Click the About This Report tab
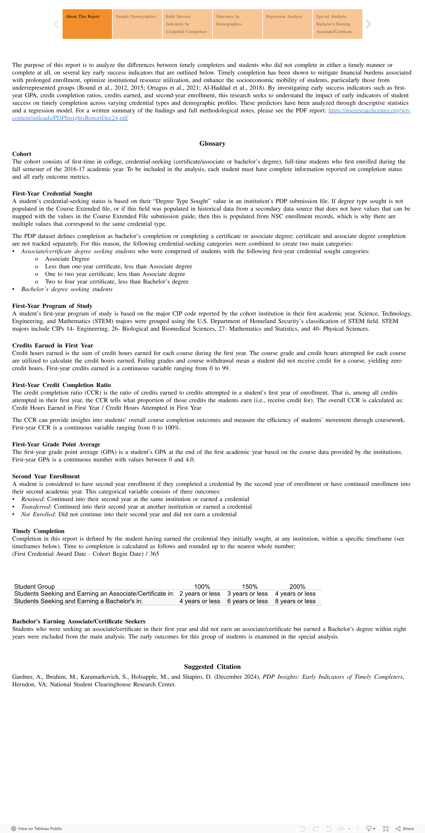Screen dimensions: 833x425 tap(87, 24)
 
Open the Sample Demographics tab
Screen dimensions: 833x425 tap(137, 24)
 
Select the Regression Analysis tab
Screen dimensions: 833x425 tap(287, 24)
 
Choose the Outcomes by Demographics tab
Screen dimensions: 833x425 tap(237, 24)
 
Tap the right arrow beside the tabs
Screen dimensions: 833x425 tap(368, 24)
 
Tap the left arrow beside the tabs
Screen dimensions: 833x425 tap(57, 24)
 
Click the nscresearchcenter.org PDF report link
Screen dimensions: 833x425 tap(369, 111)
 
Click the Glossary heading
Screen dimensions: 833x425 tap(212, 144)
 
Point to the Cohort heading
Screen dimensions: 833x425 tap(22, 154)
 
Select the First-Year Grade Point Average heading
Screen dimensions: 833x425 tap(56, 444)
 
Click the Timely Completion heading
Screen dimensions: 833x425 tap(38, 531)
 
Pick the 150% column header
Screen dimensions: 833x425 tap(250, 586)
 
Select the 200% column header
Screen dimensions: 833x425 tap(297, 586)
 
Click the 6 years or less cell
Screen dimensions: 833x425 tap(247, 601)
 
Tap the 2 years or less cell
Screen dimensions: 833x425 tap(200, 593)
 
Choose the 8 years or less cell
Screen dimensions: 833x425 tap(295, 601)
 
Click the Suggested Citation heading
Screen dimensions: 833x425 tap(212, 667)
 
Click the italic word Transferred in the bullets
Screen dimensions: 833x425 tap(36, 507)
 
